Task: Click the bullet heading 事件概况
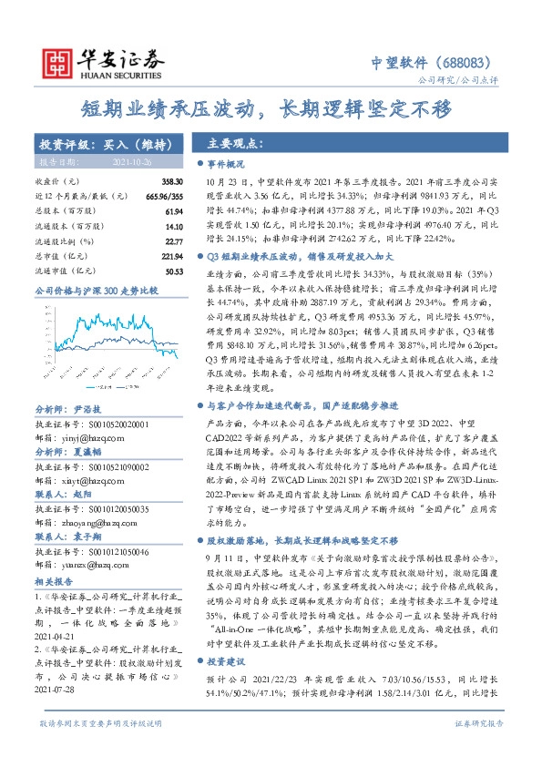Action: [x=227, y=165]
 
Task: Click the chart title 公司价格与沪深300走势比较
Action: [x=96, y=290]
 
